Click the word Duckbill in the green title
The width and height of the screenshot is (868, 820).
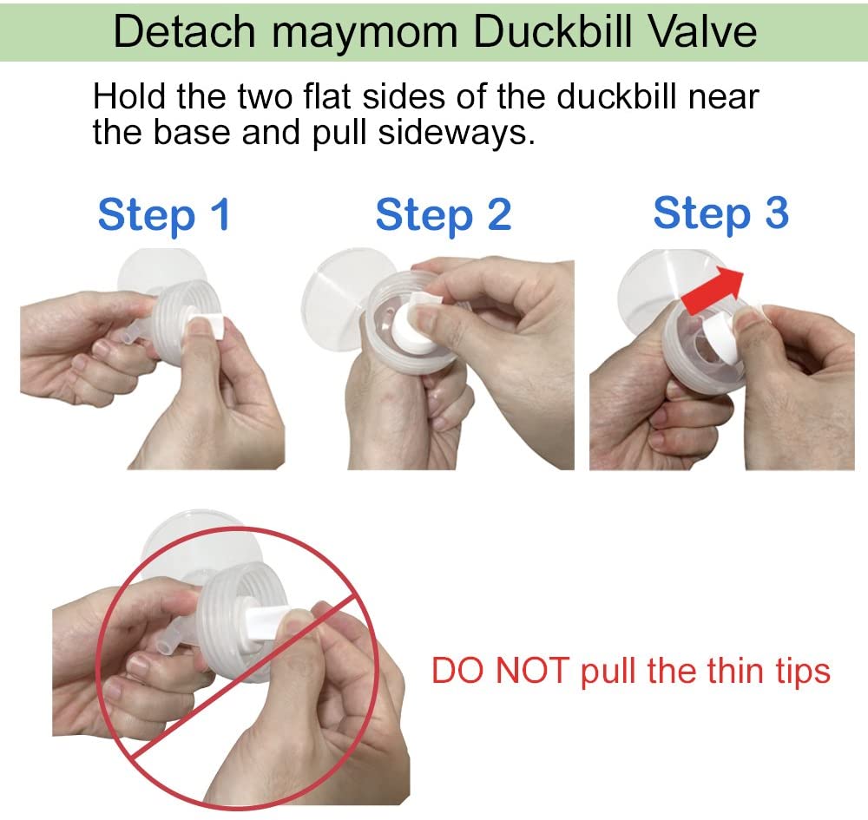537,32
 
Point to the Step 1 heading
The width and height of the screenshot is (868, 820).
164,214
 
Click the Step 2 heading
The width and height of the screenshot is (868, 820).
443,214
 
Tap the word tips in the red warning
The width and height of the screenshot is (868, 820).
797,671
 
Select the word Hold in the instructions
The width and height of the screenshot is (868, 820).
129,96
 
